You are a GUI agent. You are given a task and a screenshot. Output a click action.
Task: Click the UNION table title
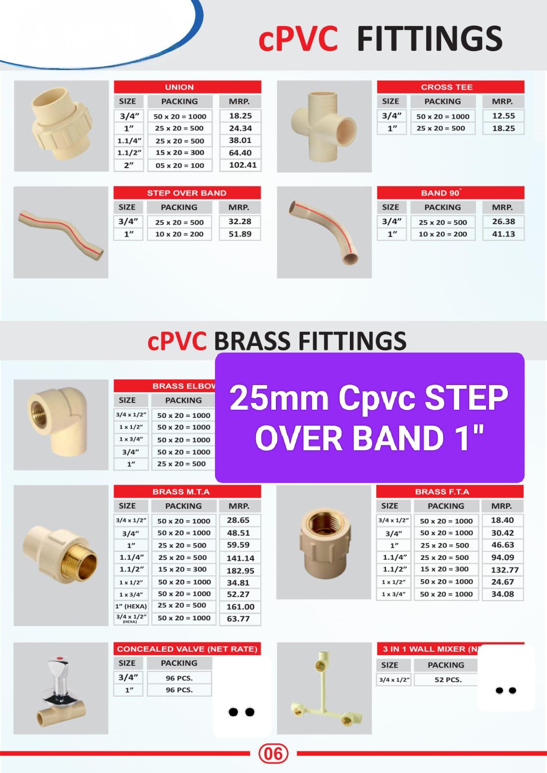pyautogui.click(x=179, y=87)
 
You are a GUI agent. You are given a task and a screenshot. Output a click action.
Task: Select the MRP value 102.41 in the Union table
pyautogui.click(x=243, y=165)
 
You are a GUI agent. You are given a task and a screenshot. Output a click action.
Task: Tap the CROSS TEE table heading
pyautogui.click(x=446, y=87)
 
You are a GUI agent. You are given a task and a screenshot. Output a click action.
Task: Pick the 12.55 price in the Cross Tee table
pyautogui.click(x=504, y=116)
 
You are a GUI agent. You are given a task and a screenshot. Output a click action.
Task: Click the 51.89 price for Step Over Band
pyautogui.click(x=240, y=234)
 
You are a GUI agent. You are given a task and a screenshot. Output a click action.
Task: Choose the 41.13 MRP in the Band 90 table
pyautogui.click(x=504, y=234)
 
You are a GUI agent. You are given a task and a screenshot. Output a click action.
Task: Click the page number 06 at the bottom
pyautogui.click(x=273, y=754)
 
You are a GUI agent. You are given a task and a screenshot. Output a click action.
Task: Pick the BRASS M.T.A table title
pyautogui.click(x=181, y=492)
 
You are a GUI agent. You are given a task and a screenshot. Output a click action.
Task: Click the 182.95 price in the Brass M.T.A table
pyautogui.click(x=240, y=571)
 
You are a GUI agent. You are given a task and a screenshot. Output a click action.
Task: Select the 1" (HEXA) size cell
pyautogui.click(x=131, y=606)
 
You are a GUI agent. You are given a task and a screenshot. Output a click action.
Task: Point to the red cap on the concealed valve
pyautogui.click(x=60, y=658)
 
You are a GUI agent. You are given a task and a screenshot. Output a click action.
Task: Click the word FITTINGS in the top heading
pyautogui.click(x=430, y=39)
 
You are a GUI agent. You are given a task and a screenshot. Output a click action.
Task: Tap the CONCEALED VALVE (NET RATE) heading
pyautogui.click(x=187, y=649)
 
